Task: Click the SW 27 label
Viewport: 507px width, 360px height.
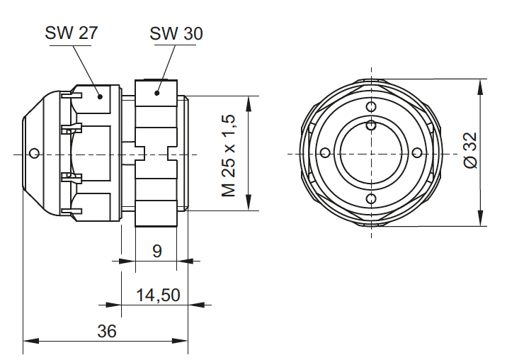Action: [x=71, y=33]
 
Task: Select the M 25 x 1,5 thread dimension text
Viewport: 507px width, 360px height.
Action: [x=228, y=154]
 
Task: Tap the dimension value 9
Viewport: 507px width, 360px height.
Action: [x=157, y=250]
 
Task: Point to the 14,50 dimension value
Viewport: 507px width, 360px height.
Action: [x=158, y=295]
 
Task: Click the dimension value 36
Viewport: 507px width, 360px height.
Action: [x=107, y=331]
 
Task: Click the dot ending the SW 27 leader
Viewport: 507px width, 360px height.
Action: [x=100, y=96]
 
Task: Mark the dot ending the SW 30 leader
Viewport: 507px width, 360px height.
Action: [x=158, y=92]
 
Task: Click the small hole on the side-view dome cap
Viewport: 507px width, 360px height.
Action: [x=35, y=152]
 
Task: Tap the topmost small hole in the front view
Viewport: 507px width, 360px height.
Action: [x=371, y=107]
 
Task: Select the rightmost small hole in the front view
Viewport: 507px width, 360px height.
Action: [x=417, y=153]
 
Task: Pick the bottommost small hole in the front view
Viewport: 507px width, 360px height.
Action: [x=371, y=199]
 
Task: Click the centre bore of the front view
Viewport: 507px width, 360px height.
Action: [x=371, y=153]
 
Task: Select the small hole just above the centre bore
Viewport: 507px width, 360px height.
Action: [x=371, y=125]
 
